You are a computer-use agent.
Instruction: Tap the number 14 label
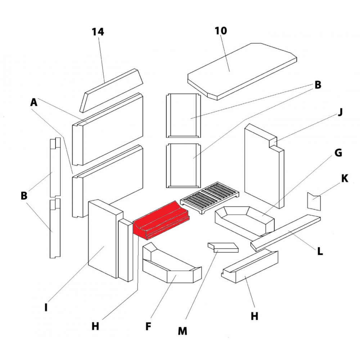(x=98, y=32)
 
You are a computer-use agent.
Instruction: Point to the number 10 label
(x=221, y=31)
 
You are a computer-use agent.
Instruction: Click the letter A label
(x=33, y=103)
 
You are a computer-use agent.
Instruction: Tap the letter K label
(x=345, y=179)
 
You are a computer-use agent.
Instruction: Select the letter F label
(x=148, y=327)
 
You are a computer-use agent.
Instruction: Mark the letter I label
(x=46, y=308)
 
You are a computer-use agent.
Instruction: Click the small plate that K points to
(x=312, y=202)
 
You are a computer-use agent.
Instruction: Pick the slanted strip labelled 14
(x=112, y=90)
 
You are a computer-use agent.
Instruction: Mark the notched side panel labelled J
(x=263, y=166)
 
